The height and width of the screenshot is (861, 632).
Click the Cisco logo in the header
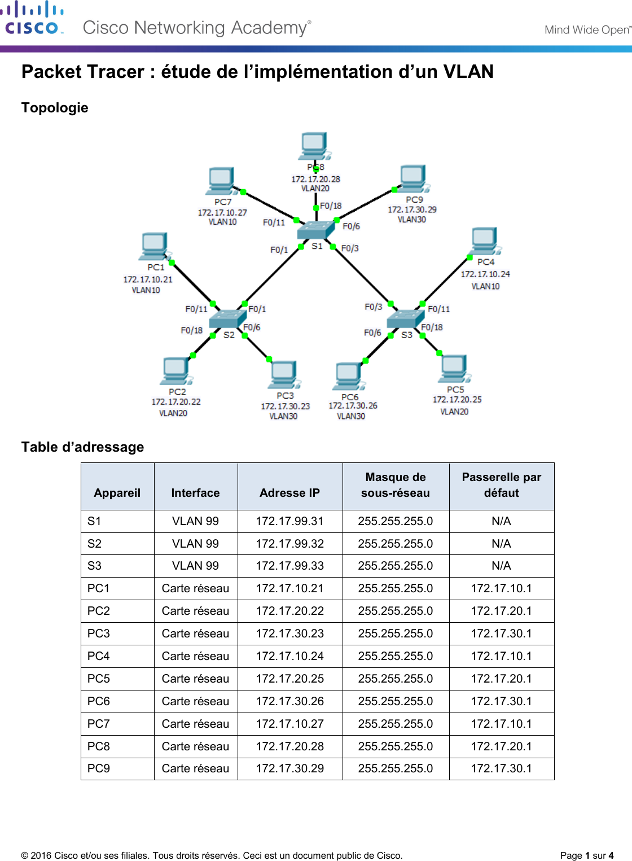point(32,19)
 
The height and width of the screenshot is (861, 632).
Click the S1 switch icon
point(315,229)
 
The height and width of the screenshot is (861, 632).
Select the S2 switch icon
point(225,319)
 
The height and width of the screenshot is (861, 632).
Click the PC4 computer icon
point(484,242)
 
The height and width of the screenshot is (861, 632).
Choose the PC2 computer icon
point(175,371)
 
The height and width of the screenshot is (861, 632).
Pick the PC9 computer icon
point(412,179)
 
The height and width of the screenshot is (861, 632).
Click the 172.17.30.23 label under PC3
point(285,407)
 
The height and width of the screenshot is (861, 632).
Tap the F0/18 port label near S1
point(331,206)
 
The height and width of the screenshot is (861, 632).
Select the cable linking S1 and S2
point(273,275)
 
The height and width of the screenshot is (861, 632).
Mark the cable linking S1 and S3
point(362,275)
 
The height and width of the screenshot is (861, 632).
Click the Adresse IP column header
point(289,493)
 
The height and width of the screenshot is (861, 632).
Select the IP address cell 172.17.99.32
point(289,544)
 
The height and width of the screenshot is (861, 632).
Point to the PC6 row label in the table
point(99,701)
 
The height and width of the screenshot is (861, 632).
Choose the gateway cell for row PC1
point(501,588)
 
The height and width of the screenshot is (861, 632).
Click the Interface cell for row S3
point(195,566)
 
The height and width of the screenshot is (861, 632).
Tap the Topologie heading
point(55,108)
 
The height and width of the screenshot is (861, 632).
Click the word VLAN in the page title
point(468,72)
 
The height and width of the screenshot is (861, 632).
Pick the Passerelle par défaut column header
point(501,485)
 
